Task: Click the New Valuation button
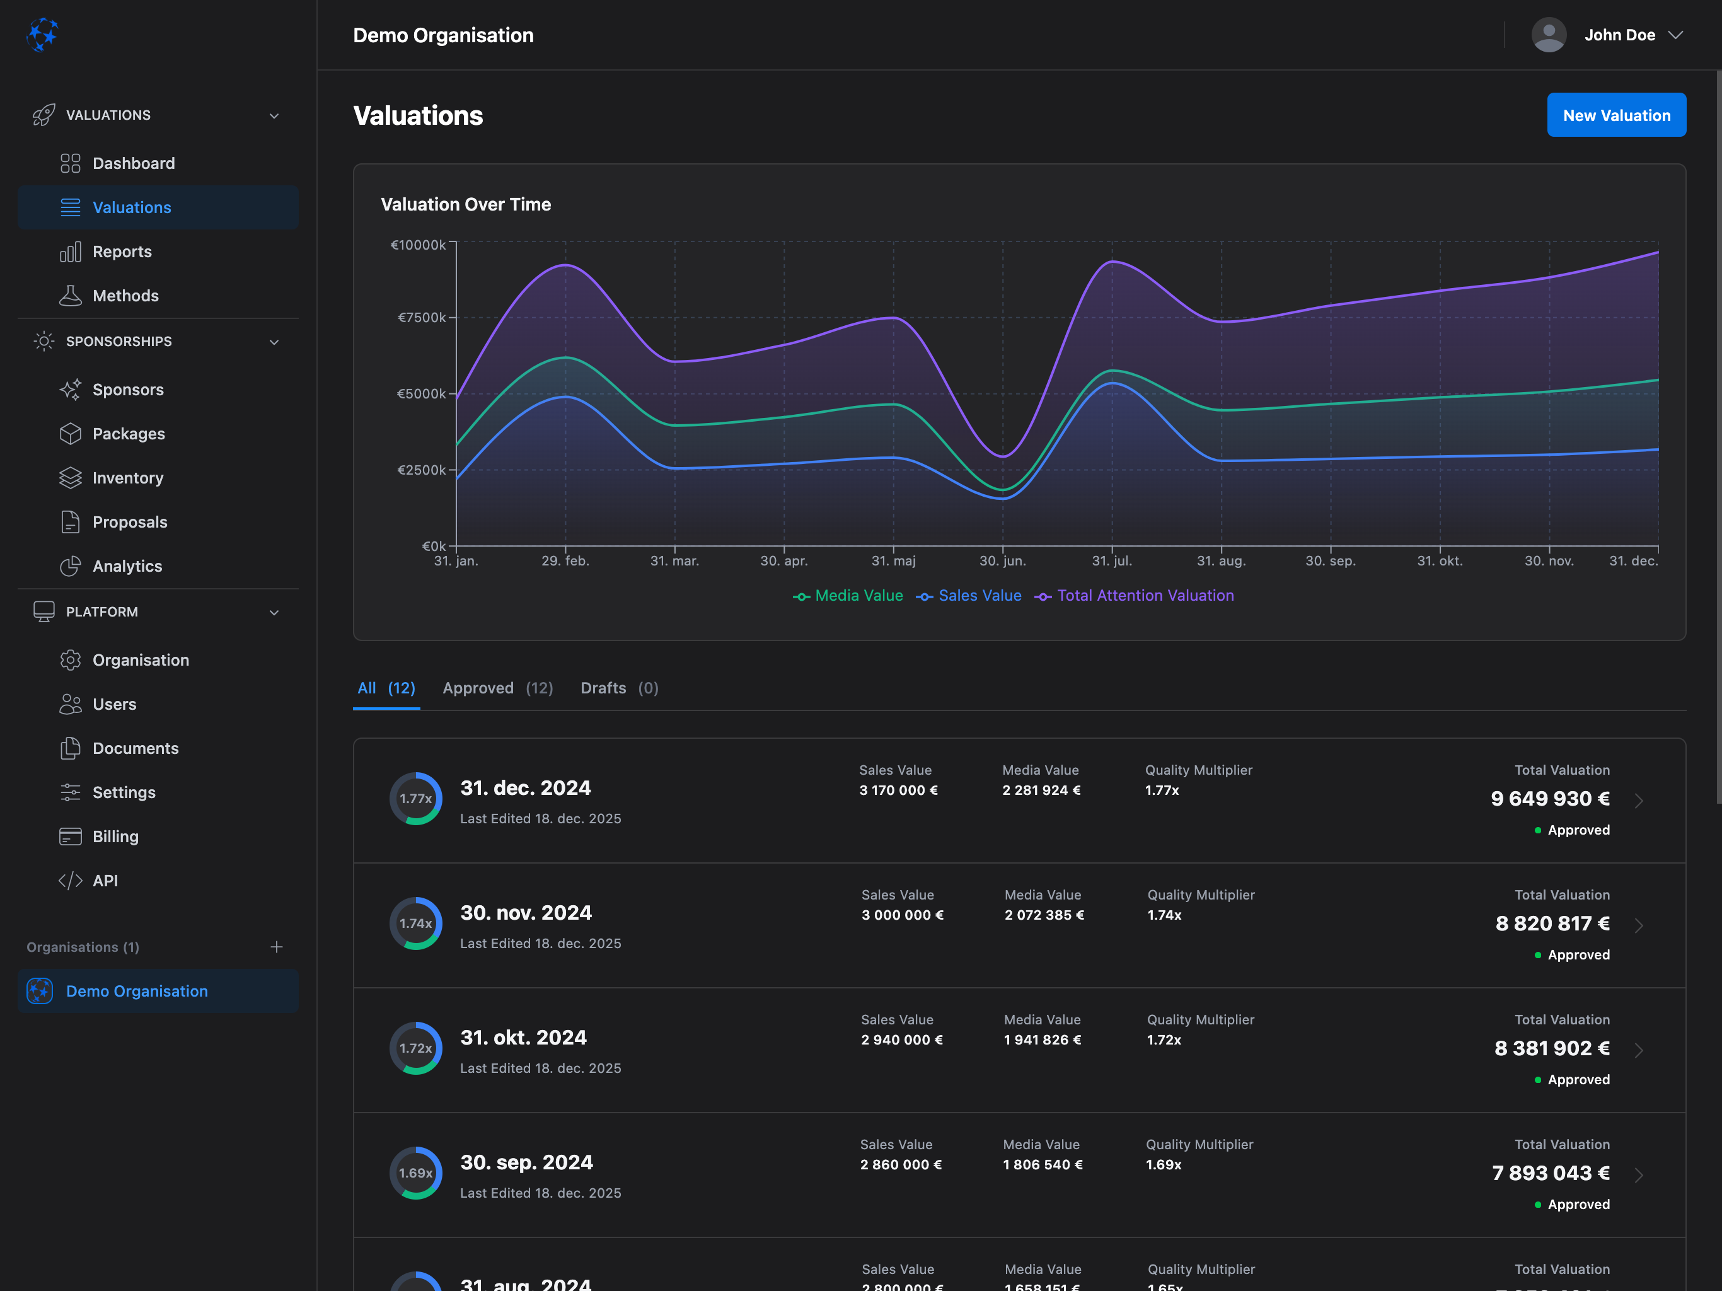[x=1615, y=115]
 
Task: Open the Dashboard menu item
[x=133, y=163]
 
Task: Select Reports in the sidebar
[x=122, y=252]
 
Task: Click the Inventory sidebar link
[x=128, y=478]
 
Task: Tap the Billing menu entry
[x=115, y=837]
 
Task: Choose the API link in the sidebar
[x=105, y=881]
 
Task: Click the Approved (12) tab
[x=497, y=688]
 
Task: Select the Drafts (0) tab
[x=619, y=688]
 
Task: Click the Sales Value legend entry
[x=969, y=596]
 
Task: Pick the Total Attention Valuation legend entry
[x=1135, y=596]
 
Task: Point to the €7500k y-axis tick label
[x=421, y=318]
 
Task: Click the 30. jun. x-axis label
[x=1002, y=560]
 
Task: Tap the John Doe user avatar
[x=1549, y=35]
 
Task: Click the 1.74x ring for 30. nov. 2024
[x=416, y=923]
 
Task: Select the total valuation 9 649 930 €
[x=1549, y=799]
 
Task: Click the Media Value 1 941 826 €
[x=1043, y=1040]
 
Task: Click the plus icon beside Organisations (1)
[x=276, y=947]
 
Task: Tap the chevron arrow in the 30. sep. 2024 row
[x=1639, y=1175]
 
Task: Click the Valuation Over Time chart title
[x=466, y=205]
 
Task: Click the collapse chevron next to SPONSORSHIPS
[x=274, y=342]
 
